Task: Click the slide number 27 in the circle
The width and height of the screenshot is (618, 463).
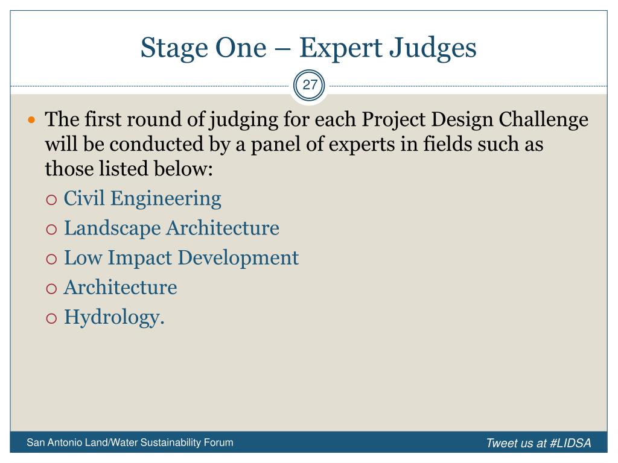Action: [x=310, y=84]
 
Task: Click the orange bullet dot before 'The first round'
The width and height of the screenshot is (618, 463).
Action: [x=31, y=120]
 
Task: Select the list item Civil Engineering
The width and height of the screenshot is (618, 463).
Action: [x=142, y=198]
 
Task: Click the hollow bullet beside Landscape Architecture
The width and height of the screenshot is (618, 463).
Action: [x=52, y=230]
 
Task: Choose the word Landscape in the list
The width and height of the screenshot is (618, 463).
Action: [x=112, y=228]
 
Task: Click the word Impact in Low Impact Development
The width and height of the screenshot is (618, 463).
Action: [x=140, y=258]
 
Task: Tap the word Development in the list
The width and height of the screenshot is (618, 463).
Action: [x=238, y=258]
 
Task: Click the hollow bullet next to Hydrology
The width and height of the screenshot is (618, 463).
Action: [x=52, y=318]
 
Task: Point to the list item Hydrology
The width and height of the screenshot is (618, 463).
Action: [x=114, y=317]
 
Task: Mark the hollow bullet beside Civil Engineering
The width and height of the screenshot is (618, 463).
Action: [x=52, y=200]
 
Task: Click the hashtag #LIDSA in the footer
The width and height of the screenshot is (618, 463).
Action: [x=570, y=443]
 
